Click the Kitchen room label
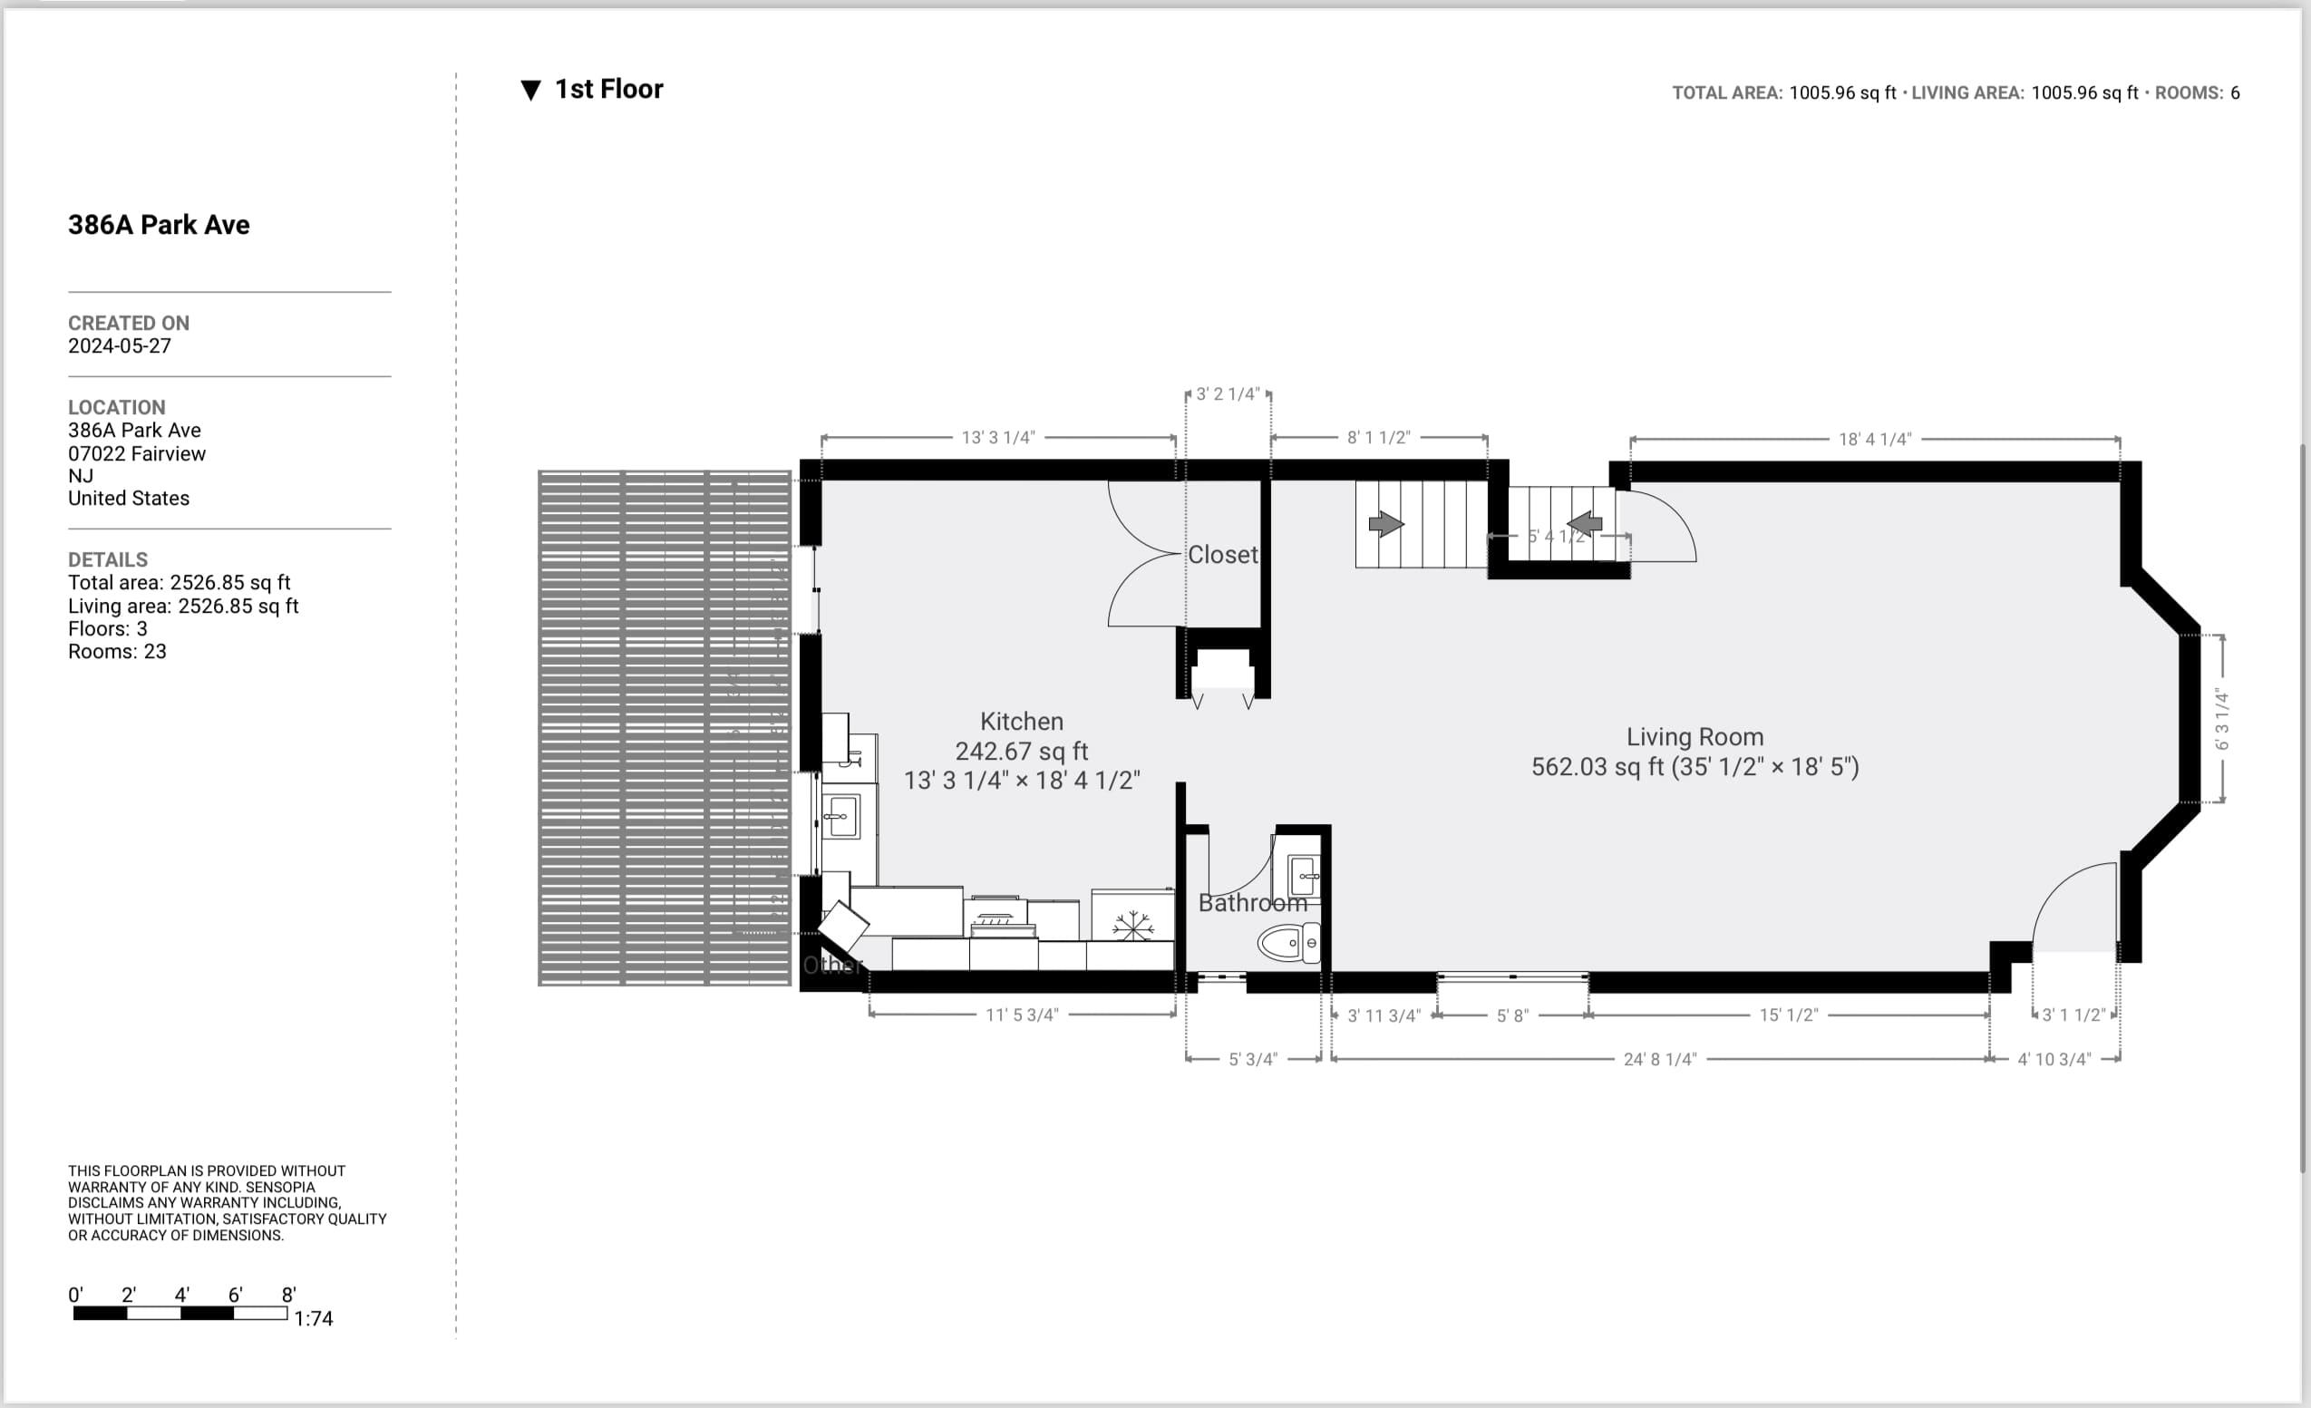(x=1022, y=722)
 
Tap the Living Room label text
(x=1694, y=737)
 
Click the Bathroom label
(x=1252, y=903)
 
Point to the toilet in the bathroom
(x=1287, y=943)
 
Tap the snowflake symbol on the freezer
(x=1132, y=925)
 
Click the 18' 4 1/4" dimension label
(x=1874, y=439)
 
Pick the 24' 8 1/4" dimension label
(x=1659, y=1059)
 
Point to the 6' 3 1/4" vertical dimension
(x=2222, y=720)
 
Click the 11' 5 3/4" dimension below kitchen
(x=1022, y=1015)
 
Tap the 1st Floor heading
(x=607, y=89)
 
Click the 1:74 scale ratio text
(x=314, y=1319)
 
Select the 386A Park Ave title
(x=159, y=225)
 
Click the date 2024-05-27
(x=119, y=346)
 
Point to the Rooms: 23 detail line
(x=117, y=652)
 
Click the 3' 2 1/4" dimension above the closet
(x=1227, y=394)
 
